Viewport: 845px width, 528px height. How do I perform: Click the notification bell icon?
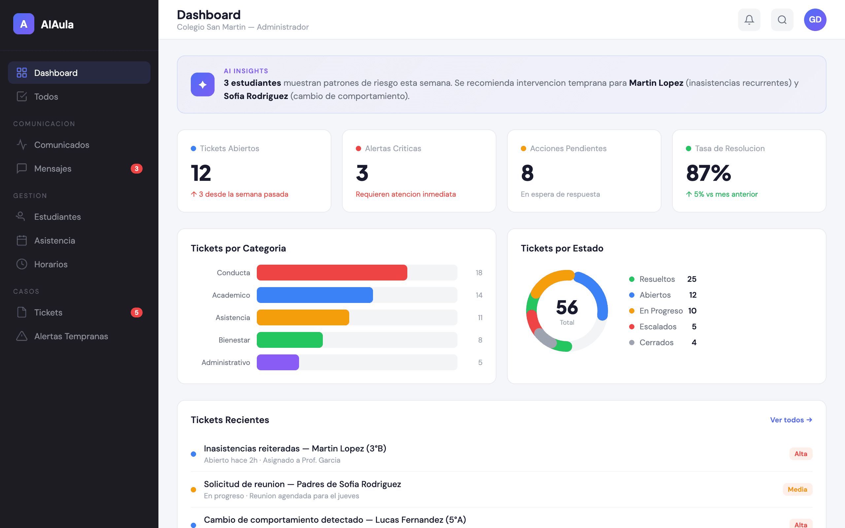[x=749, y=19]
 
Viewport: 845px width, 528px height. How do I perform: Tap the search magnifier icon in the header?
[x=782, y=19]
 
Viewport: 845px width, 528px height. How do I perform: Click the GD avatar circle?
[x=815, y=19]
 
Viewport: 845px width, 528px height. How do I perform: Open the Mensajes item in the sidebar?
[x=52, y=169]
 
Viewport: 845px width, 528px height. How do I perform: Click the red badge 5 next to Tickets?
[x=137, y=313]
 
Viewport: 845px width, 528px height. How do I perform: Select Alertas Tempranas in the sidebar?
[x=71, y=336]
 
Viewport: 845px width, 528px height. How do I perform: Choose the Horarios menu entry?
[x=51, y=264]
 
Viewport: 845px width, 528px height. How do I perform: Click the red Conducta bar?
[x=332, y=273]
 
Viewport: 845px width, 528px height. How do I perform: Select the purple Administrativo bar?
[x=278, y=362]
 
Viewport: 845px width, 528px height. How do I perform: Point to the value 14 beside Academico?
[x=479, y=295]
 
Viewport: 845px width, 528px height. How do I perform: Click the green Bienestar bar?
[x=289, y=340]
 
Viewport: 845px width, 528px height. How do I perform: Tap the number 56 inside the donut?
[x=567, y=307]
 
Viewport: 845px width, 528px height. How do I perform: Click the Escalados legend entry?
[x=658, y=326]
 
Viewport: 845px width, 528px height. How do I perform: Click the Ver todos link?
[x=791, y=420]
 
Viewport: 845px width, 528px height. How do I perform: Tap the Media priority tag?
[x=797, y=489]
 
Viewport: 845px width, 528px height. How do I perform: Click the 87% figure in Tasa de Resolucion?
[x=708, y=173]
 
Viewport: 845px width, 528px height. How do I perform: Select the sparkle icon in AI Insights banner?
[x=203, y=84]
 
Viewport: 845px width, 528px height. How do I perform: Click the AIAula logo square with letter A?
[x=24, y=24]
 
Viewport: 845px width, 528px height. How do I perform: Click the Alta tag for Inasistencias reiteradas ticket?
[x=801, y=454]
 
